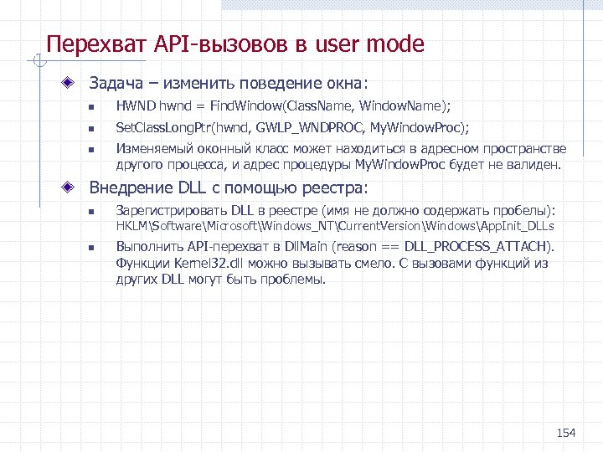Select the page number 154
point(566,432)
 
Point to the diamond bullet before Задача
point(75,84)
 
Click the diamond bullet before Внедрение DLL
point(75,187)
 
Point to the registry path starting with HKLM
point(335,227)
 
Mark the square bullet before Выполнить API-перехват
point(96,248)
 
